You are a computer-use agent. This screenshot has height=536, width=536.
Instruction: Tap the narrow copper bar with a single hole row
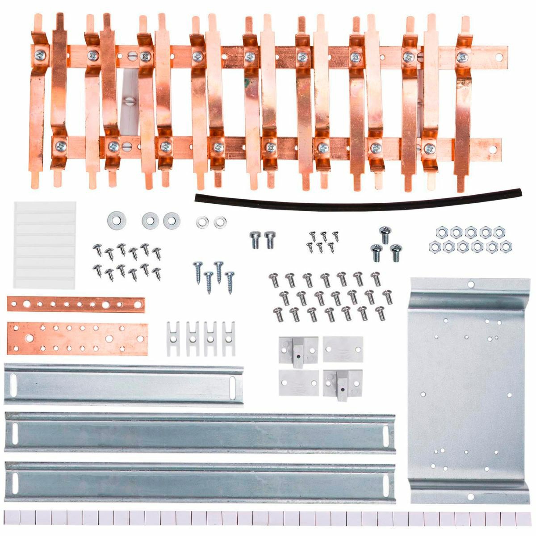[x=76, y=305]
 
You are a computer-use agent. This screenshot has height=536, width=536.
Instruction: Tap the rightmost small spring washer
[x=219, y=222]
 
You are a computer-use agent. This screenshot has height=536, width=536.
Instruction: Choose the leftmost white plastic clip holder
[x=173, y=338]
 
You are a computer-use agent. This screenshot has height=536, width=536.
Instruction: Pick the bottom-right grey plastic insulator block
[x=343, y=382]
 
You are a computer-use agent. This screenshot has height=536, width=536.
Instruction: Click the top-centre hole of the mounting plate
[x=470, y=284]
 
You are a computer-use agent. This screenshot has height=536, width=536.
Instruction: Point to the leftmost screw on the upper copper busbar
[x=39, y=56]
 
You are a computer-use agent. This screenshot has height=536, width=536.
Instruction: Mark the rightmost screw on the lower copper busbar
[x=429, y=148]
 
